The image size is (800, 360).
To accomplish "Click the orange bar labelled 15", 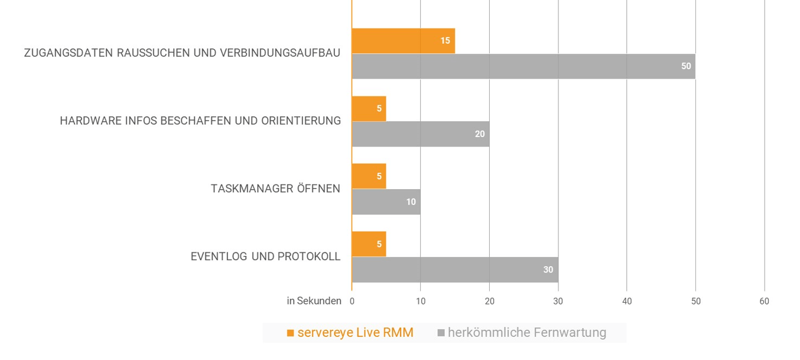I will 403,41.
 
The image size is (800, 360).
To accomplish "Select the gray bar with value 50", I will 523,66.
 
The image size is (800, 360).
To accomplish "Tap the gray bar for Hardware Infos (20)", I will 420,134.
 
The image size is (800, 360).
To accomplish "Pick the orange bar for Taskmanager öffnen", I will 369,176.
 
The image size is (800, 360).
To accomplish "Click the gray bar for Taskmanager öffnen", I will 386,202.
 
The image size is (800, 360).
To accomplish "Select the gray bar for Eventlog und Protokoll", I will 454,270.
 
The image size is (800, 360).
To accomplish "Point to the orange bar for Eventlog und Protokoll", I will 369,244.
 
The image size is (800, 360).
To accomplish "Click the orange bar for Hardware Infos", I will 369,109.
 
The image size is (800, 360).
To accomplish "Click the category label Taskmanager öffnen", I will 275,189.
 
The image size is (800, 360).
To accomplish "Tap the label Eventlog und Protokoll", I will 265,257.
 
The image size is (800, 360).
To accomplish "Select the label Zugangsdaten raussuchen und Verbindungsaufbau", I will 182,53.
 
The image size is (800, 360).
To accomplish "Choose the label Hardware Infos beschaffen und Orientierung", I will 200,121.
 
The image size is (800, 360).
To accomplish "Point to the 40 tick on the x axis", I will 627,301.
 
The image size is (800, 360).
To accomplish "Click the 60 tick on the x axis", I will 764,301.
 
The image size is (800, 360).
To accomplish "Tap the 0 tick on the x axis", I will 352,301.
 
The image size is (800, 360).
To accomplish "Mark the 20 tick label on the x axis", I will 489,301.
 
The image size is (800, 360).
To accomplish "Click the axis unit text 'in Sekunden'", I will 314,301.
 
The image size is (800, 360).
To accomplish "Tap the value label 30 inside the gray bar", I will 548,270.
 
